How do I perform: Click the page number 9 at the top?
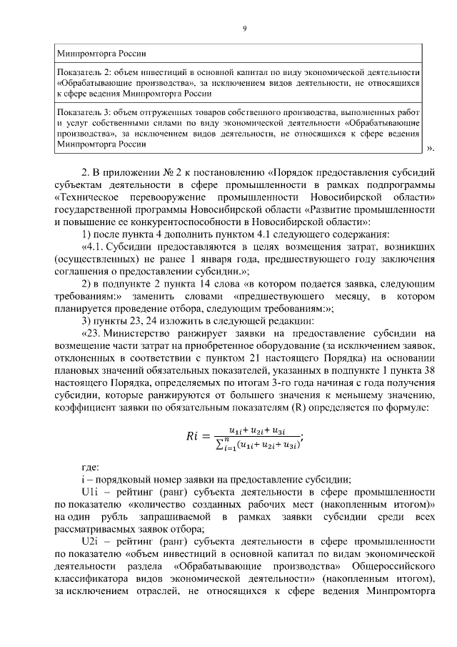click(244, 28)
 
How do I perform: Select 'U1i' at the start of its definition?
click(91, 493)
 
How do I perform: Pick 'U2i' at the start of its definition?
click(91, 543)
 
